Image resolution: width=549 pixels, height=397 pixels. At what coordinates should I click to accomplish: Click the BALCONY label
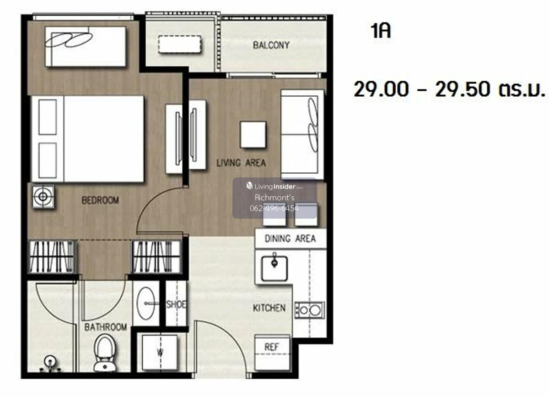coord(271,45)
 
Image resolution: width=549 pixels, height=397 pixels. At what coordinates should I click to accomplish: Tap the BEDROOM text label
coord(100,200)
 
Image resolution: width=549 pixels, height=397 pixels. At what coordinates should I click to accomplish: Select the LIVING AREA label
coord(241,163)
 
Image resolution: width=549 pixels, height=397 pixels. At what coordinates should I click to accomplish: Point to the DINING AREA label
coord(290,238)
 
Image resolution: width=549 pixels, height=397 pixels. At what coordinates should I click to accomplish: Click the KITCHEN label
coord(269,308)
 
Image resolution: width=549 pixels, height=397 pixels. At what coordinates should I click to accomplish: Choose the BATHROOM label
coord(106,327)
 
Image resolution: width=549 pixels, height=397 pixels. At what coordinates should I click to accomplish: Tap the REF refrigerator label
coord(272,347)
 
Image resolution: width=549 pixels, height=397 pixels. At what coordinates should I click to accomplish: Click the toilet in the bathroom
coord(105,353)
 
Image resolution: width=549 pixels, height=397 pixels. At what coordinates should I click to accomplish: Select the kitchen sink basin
coord(274,268)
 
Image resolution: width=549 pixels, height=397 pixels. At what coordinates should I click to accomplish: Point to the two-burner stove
coord(310,310)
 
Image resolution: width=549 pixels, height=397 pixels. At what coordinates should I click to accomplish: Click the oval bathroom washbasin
coord(146,303)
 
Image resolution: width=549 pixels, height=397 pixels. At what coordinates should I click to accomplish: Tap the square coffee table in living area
coord(253,135)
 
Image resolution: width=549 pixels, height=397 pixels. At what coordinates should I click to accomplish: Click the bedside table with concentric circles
coord(43,196)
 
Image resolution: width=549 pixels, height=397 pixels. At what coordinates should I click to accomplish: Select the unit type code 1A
coord(381,31)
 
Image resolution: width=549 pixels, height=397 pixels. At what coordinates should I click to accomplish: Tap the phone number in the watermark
coord(274,209)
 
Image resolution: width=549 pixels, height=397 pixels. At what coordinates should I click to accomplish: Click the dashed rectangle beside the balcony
coord(180,44)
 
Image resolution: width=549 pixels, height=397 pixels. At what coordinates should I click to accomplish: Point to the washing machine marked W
coord(160,353)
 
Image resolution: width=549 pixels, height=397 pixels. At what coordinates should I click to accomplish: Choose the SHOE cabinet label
coord(176,304)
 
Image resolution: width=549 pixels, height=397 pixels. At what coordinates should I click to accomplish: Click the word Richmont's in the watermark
coord(274,198)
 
